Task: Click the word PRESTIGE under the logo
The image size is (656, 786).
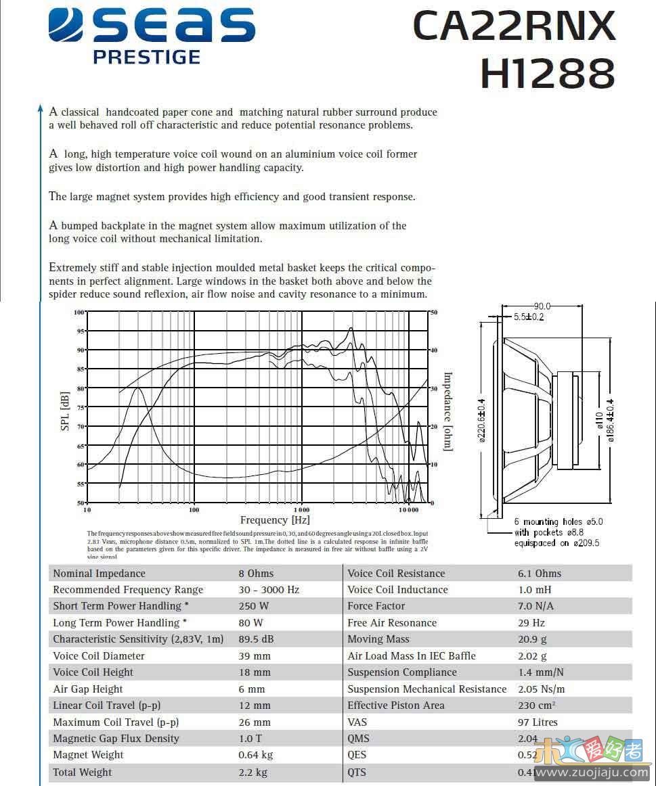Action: coord(146,57)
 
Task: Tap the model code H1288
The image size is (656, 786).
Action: coord(547,73)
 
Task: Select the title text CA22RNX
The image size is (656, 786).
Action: coord(514,26)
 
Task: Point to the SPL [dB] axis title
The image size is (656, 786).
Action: coord(66,411)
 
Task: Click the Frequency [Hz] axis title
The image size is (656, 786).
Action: coord(274,520)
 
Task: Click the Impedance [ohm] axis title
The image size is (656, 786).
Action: coord(447,411)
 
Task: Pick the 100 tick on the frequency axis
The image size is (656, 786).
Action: coord(194,509)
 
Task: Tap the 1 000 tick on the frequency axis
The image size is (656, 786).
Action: coord(301,509)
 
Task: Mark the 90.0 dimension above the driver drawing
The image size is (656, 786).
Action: coord(542,306)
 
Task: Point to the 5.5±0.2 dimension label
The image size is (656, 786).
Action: coord(528,317)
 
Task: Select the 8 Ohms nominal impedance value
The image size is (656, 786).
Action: coord(256,574)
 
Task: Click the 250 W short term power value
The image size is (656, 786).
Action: coord(253,606)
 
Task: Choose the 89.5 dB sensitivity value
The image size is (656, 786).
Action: coord(256,639)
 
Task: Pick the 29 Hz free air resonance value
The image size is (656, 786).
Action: coord(531,623)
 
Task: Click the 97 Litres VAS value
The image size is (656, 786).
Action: coord(538,722)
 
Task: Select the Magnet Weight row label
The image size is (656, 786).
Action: coord(88,755)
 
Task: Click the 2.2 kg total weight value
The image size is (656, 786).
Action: coord(253,772)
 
